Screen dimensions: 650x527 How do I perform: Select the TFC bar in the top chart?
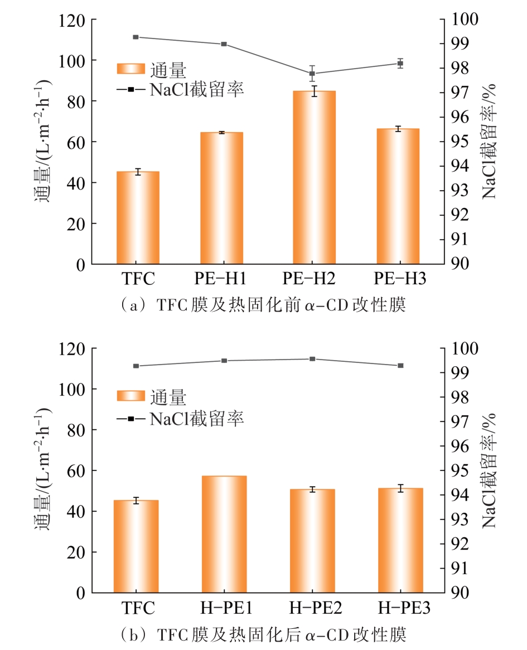(x=138, y=217)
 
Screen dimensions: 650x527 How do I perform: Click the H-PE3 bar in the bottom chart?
(x=400, y=540)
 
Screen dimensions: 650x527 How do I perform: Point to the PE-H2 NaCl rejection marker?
(x=312, y=74)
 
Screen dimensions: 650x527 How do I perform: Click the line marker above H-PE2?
(x=312, y=359)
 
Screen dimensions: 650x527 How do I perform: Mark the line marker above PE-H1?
(x=224, y=44)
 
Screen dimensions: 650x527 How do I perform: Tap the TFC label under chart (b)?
(x=137, y=608)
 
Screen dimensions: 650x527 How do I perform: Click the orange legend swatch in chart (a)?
(x=131, y=69)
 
